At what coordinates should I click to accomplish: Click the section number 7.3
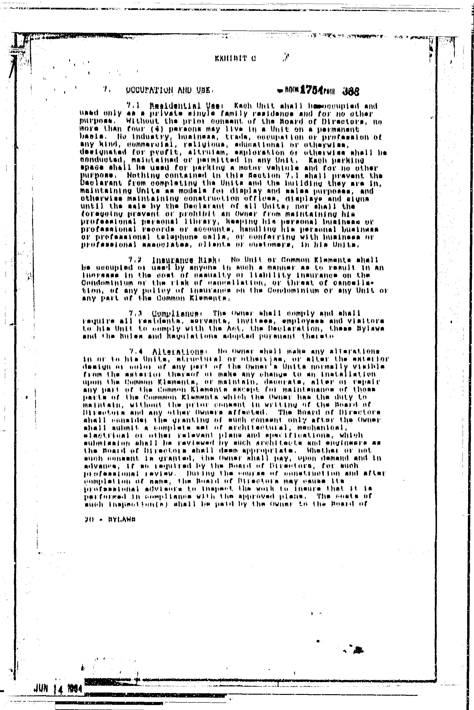[134, 313]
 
